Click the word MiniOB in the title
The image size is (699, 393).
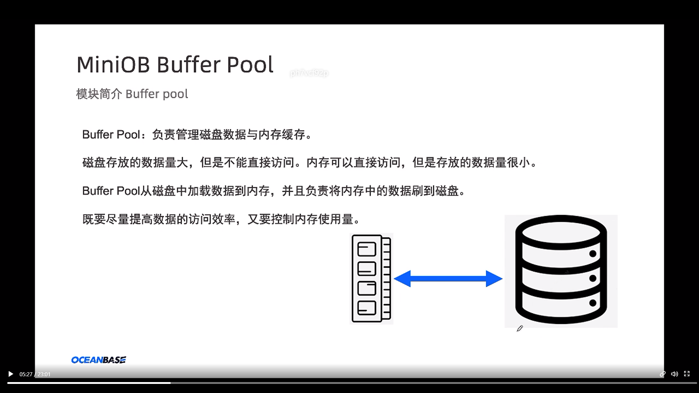tap(113, 65)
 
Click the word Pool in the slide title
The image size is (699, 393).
tap(250, 65)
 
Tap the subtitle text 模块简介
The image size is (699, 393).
tap(99, 94)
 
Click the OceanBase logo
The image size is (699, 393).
tap(99, 360)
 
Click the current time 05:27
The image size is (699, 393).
tap(26, 374)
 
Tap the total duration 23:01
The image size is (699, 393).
tap(44, 374)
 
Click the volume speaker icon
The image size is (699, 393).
tap(674, 374)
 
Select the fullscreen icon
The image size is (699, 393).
tap(687, 374)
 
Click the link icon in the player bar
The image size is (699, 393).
tap(662, 374)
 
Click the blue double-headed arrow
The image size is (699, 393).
tap(448, 279)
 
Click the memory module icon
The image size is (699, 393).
tap(371, 278)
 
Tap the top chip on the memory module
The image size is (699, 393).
tap(367, 249)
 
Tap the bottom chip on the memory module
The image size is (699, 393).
tap(367, 308)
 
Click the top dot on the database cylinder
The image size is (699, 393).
tap(593, 254)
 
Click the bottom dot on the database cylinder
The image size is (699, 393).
tap(593, 303)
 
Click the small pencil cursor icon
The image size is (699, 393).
tap(520, 329)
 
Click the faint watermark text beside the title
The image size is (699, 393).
tap(309, 73)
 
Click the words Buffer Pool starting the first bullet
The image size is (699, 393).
tap(111, 135)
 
